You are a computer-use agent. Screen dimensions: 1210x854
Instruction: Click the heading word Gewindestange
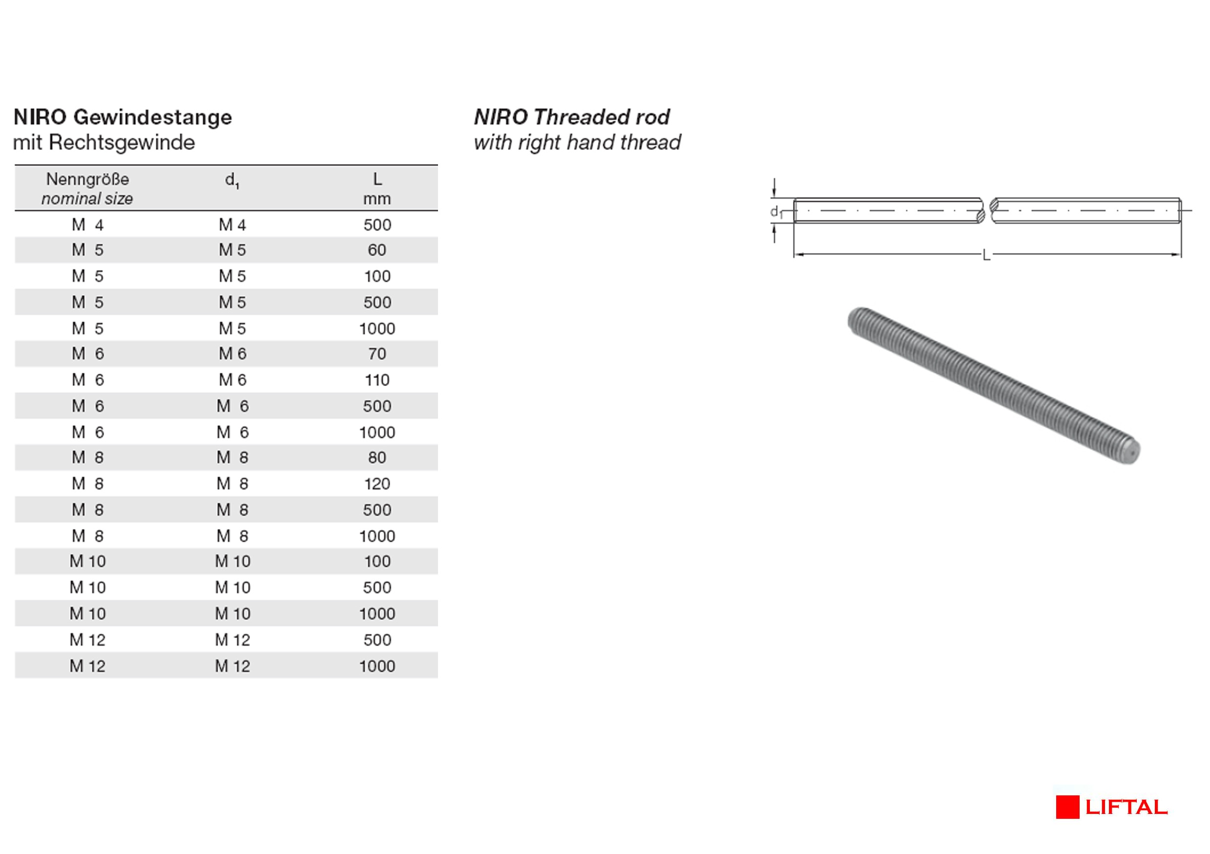tap(153, 118)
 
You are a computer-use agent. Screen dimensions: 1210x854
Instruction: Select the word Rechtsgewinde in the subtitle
tap(122, 142)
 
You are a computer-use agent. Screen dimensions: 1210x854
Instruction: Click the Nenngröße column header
tap(87, 179)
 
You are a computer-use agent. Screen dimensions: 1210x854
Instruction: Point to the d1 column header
tap(232, 181)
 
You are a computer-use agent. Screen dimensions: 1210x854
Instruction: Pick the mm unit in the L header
tap(377, 199)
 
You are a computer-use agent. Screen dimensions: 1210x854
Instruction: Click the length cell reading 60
tap(377, 250)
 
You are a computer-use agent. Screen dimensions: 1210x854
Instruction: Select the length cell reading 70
tap(377, 354)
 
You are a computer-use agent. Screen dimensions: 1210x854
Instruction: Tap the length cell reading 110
tap(377, 380)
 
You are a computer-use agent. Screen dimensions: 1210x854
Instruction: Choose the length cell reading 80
tap(377, 458)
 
